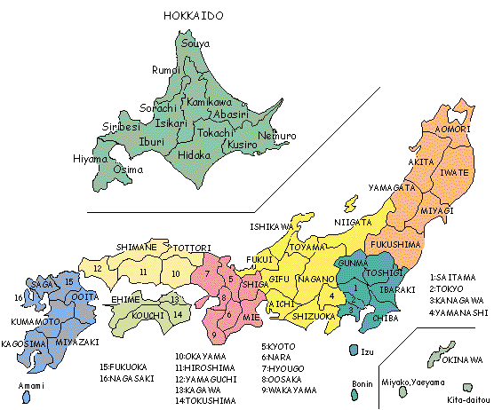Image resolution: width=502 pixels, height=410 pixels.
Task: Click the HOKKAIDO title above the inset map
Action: (193, 16)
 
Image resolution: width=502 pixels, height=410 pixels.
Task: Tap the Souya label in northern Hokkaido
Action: (195, 43)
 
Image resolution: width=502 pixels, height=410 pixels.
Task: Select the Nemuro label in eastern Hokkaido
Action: (277, 136)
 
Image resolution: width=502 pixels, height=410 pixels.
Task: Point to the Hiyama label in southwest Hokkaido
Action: (90, 159)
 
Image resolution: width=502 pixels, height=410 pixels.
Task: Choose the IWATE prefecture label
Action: (455, 175)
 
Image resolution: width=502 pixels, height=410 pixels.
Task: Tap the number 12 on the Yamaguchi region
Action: (98, 267)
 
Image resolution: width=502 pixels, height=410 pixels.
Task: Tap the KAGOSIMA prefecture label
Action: (24, 343)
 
